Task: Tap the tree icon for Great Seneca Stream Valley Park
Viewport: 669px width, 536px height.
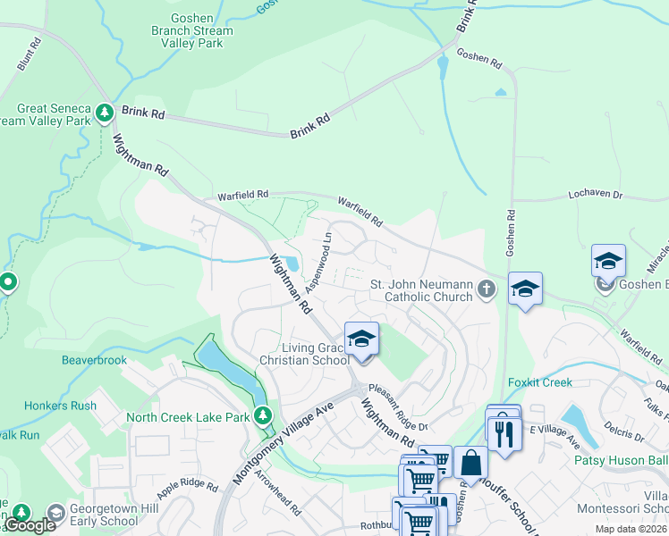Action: point(105,113)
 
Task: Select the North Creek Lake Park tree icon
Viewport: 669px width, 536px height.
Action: point(263,416)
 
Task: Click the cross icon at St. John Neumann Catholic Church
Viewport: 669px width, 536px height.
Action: point(486,289)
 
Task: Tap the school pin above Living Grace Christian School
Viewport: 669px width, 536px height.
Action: point(361,340)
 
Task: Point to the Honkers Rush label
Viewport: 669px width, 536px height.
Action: point(60,406)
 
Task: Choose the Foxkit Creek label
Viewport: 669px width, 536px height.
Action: point(539,382)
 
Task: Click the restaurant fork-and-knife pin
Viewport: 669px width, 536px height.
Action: point(504,433)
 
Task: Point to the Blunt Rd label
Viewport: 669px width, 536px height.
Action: point(30,54)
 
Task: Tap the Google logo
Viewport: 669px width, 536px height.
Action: point(30,525)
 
